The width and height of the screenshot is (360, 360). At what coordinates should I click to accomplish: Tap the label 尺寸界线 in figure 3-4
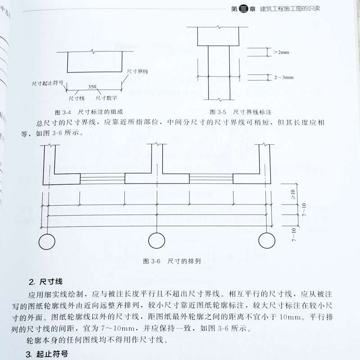pyautogui.click(x=138, y=71)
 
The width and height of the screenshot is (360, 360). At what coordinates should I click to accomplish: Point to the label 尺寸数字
pyautogui.click(x=106, y=96)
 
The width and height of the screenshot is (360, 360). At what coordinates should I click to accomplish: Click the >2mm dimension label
pyautogui.click(x=282, y=53)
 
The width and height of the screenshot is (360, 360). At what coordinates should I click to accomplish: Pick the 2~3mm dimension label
pyautogui.click(x=282, y=77)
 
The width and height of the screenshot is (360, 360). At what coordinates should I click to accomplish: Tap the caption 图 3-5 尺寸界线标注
pyautogui.click(x=243, y=111)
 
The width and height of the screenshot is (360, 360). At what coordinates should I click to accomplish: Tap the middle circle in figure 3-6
pyautogui.click(x=156, y=241)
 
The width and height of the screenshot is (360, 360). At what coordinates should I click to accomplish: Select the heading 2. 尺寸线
pyautogui.click(x=45, y=283)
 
